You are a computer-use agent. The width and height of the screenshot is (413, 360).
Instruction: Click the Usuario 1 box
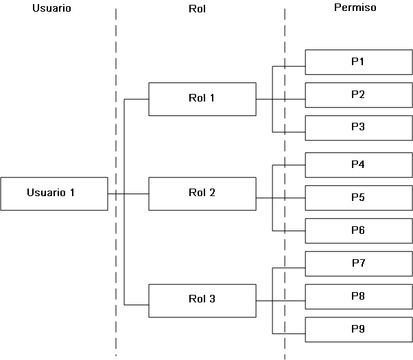[x=54, y=193]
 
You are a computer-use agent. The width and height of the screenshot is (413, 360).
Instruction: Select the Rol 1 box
[x=202, y=99]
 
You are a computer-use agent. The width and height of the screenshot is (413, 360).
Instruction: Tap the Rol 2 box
[x=202, y=193]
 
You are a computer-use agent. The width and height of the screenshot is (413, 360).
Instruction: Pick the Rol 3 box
[x=202, y=300]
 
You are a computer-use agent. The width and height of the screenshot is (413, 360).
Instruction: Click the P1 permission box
[x=357, y=62]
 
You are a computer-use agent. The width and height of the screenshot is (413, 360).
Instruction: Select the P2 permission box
[x=357, y=95]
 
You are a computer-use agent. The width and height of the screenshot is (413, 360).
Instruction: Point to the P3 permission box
[x=357, y=128]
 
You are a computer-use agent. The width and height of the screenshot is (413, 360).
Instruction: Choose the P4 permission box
[x=357, y=165]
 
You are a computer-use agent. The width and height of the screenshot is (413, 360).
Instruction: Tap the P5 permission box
[x=357, y=198]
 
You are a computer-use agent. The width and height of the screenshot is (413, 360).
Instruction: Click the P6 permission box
[x=357, y=230]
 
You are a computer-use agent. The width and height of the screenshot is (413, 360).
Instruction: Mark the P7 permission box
[x=357, y=264]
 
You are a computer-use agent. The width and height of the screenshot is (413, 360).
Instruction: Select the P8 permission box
[x=357, y=297]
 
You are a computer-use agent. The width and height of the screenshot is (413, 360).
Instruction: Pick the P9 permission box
[x=357, y=330]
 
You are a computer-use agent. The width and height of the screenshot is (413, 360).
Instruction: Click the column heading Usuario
[x=51, y=9]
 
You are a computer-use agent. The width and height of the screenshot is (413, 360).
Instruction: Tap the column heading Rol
[x=197, y=9]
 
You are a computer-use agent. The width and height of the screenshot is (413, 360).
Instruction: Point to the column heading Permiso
[x=354, y=8]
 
